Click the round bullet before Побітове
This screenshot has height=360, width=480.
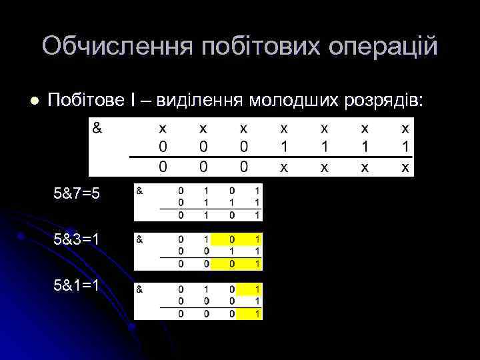(34, 101)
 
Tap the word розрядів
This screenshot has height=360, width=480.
(382, 101)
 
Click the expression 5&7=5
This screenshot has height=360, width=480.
(77, 193)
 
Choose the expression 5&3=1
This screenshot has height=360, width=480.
(77, 239)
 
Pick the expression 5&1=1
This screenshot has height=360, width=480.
(77, 285)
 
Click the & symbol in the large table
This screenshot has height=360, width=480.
(97, 127)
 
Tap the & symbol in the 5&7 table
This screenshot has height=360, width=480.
(140, 191)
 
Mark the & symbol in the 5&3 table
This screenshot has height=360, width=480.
(140, 238)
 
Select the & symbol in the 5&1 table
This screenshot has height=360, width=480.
(140, 289)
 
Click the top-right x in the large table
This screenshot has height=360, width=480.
(405, 127)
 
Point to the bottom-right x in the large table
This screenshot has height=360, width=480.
(405, 168)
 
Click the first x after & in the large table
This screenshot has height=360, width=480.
(163, 127)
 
